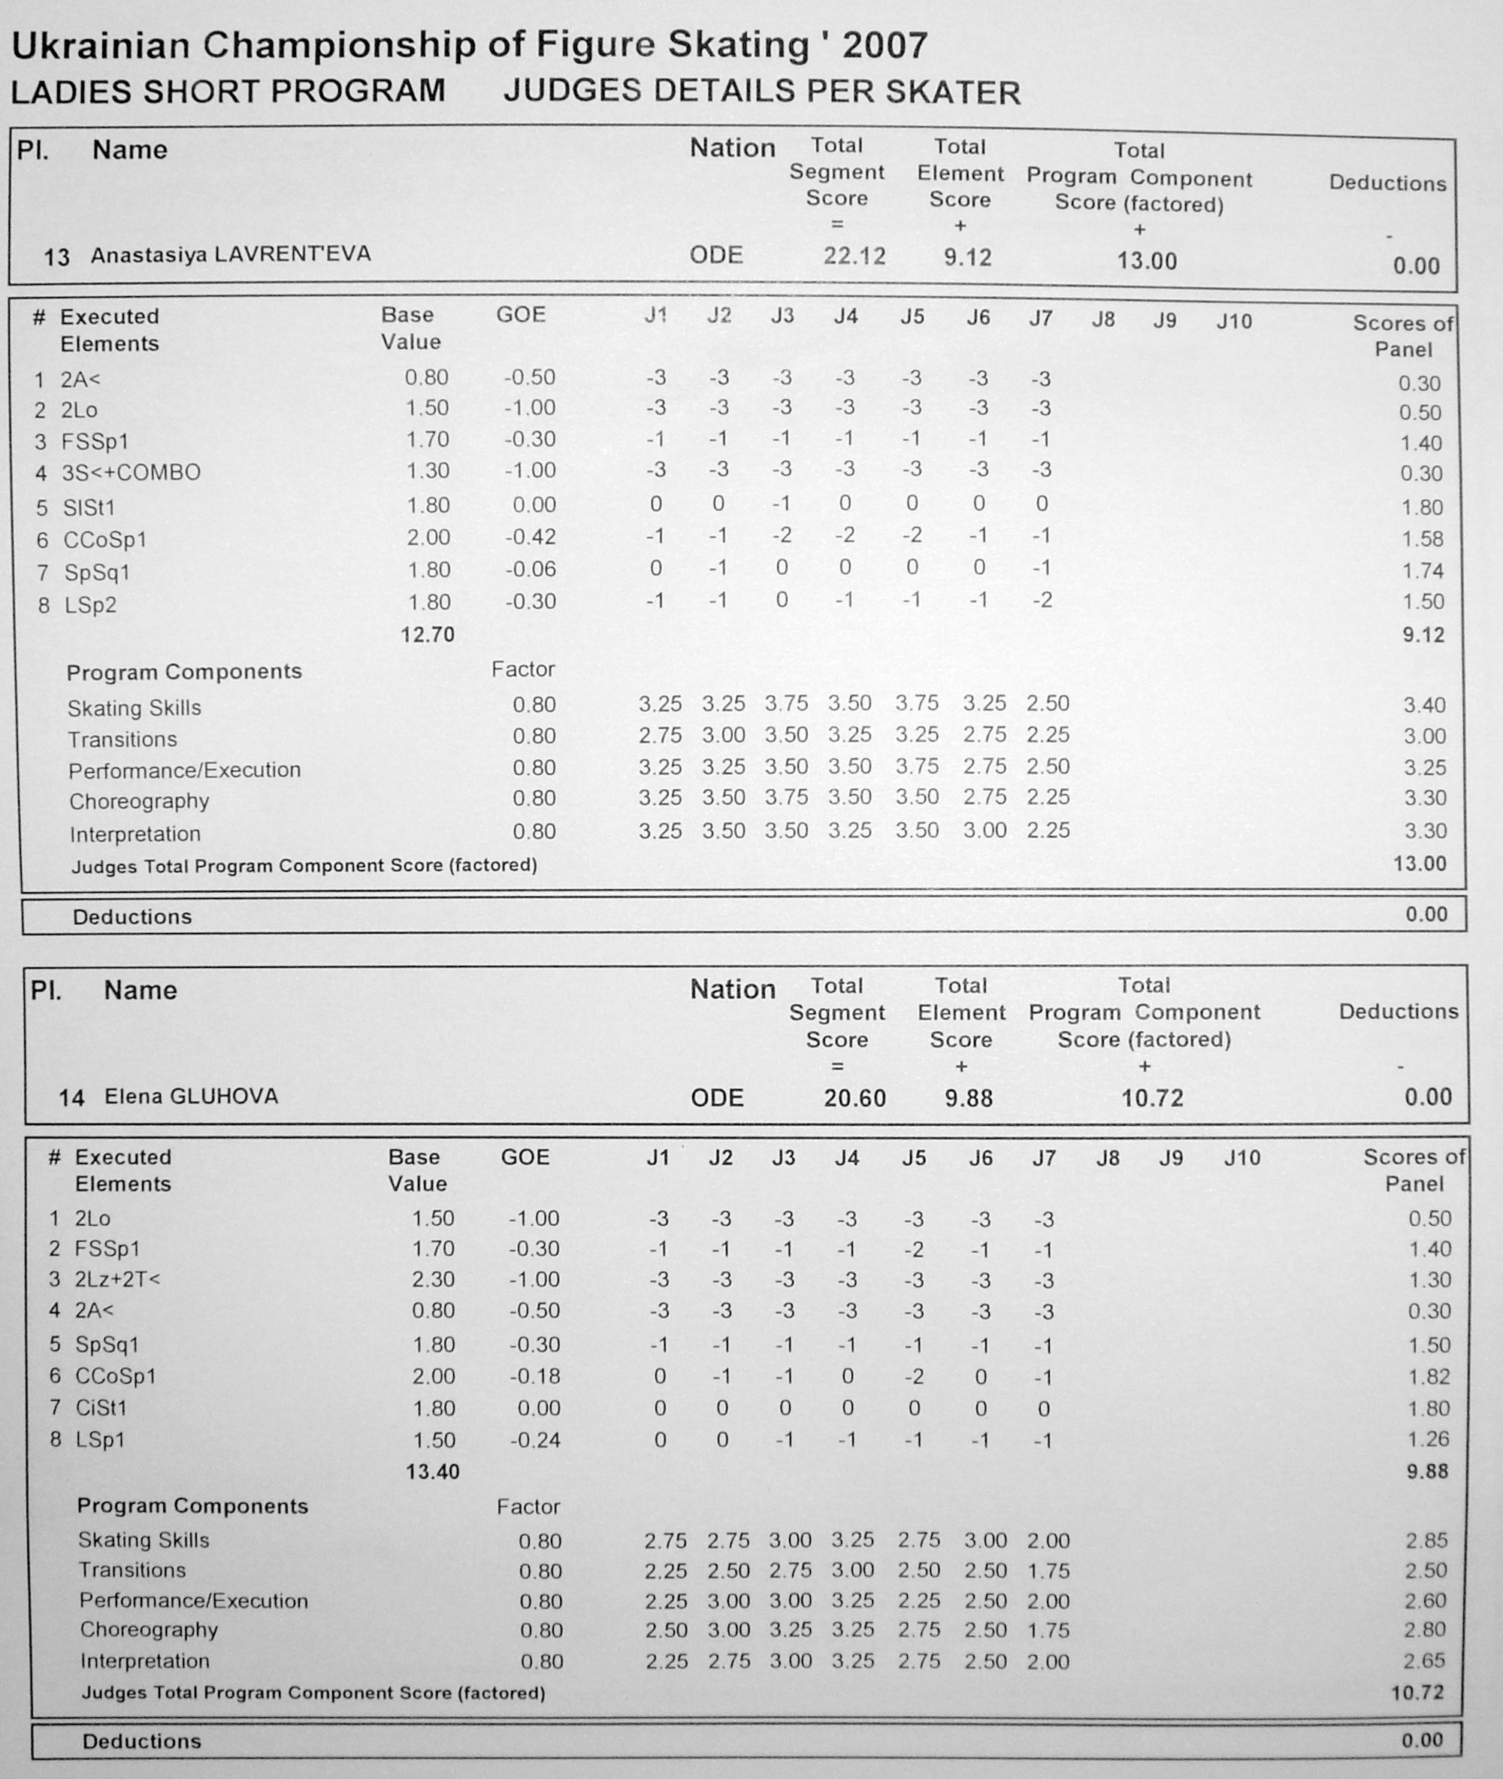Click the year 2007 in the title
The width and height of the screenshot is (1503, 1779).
point(885,46)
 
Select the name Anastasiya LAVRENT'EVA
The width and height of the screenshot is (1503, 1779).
point(230,255)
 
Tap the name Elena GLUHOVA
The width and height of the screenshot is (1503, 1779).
point(191,1096)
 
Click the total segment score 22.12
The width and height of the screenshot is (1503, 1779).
point(854,256)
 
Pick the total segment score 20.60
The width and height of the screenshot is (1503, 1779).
point(854,1098)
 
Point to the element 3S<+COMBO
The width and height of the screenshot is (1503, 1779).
point(130,473)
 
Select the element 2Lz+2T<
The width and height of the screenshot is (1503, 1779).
point(117,1279)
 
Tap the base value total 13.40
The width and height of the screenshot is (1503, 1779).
point(433,1472)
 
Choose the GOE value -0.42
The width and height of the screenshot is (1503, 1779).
point(530,537)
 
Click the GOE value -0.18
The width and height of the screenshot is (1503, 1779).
point(534,1376)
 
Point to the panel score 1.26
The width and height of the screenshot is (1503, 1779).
point(1428,1439)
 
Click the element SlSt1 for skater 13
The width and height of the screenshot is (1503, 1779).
point(89,508)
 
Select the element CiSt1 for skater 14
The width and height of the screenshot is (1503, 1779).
point(101,1408)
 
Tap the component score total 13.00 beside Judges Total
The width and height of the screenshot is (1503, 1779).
point(1420,864)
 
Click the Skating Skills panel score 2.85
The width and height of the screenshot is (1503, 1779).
point(1427,1541)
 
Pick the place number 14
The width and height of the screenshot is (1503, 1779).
point(71,1097)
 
